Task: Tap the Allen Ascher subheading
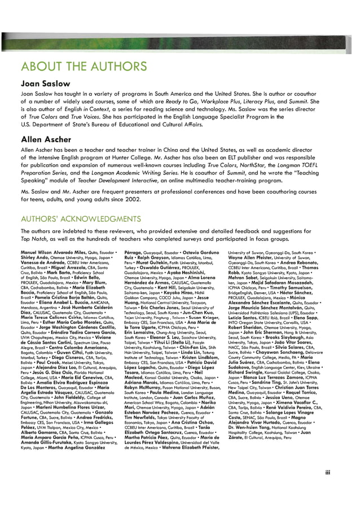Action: (43, 137)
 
